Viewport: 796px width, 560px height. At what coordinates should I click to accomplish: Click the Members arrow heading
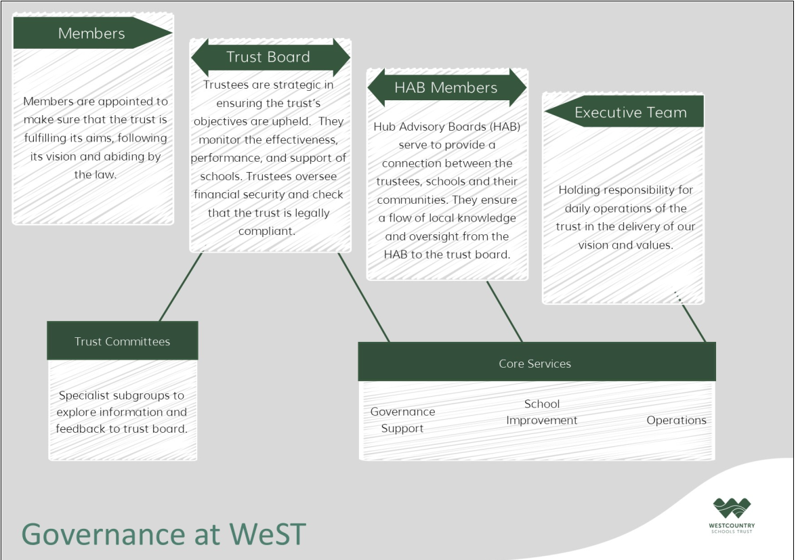(x=92, y=33)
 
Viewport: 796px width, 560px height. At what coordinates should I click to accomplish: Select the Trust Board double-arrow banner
(x=270, y=57)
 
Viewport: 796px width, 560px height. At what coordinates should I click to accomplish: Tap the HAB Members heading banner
(x=446, y=87)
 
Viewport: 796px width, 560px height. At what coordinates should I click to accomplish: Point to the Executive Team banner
(x=624, y=112)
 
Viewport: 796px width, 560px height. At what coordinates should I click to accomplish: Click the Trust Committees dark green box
(x=123, y=341)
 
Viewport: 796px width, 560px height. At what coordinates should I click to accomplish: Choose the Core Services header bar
(x=537, y=362)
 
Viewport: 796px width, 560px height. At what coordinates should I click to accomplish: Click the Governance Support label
(x=402, y=420)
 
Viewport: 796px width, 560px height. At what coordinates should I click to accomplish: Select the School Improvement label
(x=542, y=412)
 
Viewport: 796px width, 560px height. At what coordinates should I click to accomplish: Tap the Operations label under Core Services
(x=676, y=420)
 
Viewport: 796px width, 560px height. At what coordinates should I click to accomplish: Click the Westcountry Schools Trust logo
(x=732, y=515)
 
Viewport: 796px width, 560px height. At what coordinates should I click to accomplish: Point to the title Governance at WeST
(x=163, y=534)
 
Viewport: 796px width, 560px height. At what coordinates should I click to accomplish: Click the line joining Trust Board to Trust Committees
(x=181, y=286)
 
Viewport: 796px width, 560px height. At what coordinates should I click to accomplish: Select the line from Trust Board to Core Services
(x=364, y=298)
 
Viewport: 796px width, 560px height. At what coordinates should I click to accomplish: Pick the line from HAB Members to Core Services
(x=504, y=311)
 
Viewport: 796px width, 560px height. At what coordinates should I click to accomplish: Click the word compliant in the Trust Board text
(x=266, y=232)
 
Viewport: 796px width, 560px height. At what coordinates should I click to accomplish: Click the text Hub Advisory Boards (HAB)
(x=446, y=127)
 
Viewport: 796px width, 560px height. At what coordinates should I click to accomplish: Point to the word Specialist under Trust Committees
(x=83, y=395)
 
